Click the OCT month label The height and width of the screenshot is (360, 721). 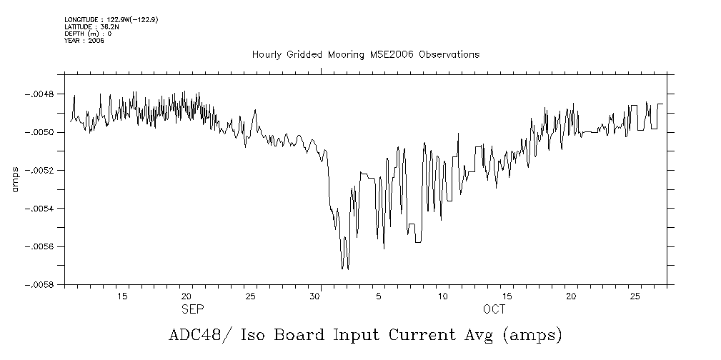pyautogui.click(x=494, y=310)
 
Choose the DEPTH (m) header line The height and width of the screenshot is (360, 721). pyautogui.click(x=81, y=34)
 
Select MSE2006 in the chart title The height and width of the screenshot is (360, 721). pyautogui.click(x=396, y=55)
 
